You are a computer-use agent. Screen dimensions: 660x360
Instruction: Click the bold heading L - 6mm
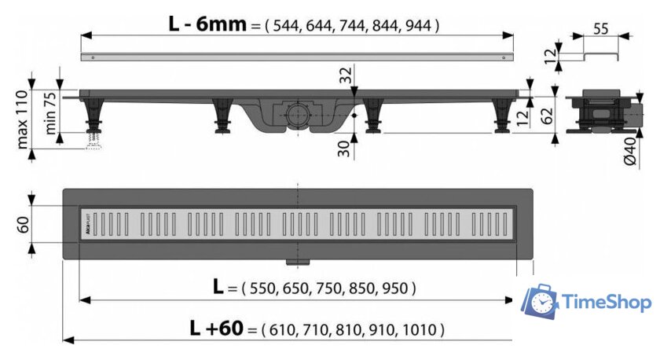point(207,24)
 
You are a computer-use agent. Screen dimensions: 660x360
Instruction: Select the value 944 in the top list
point(418,26)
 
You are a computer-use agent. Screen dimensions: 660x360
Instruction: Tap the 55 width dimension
point(600,28)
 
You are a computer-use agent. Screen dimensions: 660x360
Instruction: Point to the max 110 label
point(23,119)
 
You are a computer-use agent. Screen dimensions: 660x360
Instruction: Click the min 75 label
point(49,113)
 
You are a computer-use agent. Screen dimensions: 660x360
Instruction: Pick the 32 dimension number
point(345,75)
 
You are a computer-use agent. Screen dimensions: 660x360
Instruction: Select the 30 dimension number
point(344,149)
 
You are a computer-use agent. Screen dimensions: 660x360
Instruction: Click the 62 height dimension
point(546,116)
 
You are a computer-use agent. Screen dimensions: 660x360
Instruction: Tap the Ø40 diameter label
point(629,152)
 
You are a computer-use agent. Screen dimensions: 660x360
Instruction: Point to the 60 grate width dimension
point(23,225)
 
